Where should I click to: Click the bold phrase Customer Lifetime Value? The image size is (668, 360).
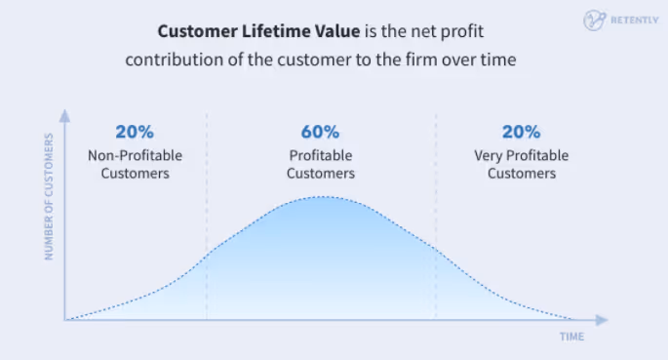pos(242,31)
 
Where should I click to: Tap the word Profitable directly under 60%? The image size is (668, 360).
pos(322,155)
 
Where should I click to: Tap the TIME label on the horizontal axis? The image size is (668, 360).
pos(571,337)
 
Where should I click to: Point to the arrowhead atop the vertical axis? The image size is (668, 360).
pos(64,114)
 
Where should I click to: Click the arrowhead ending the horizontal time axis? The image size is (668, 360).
pos(604,319)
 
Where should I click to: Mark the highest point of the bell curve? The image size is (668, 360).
pos(322,197)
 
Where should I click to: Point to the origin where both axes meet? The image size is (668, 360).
pos(64,319)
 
